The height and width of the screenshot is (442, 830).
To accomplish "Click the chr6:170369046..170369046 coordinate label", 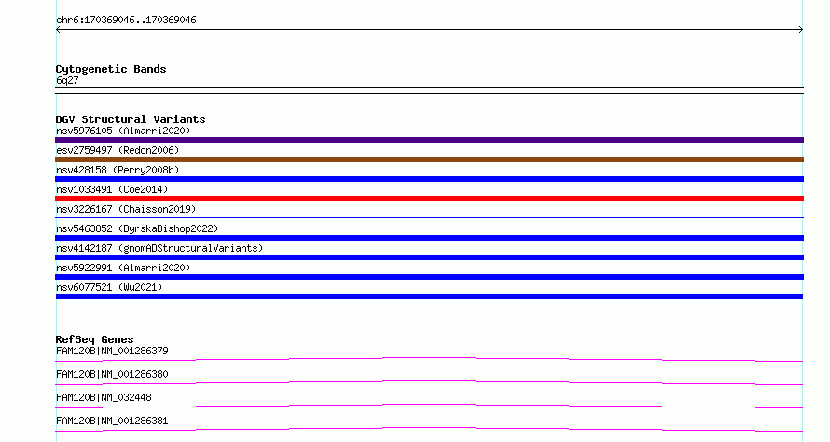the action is coord(126,20).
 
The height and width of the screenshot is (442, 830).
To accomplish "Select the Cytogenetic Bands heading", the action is coord(111,69).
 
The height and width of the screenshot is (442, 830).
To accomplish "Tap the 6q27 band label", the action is coord(67,80).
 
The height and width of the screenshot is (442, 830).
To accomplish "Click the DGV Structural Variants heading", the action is coord(131,119).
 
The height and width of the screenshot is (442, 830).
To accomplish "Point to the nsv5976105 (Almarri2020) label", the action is coord(123,131).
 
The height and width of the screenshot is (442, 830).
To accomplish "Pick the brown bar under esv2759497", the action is coord(429,159).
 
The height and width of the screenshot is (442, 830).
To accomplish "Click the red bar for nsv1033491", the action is coord(429,199).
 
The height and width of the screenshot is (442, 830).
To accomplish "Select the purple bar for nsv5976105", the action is coord(429,140).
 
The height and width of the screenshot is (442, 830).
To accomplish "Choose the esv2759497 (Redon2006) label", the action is coord(118,150).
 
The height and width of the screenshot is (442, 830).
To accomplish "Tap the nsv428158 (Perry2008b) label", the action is coord(118,170).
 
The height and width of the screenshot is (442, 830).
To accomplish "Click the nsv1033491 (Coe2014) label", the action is coord(112,189).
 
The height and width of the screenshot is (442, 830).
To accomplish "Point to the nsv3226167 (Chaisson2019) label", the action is coord(126,209).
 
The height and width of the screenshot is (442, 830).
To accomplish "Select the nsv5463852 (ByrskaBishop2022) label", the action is coord(137,228).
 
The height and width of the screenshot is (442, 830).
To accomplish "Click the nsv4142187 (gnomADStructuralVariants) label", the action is coord(159,248).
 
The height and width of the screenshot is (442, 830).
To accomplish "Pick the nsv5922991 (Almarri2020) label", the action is coord(123,268).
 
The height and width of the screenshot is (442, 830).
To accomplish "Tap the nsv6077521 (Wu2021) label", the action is coord(109,287).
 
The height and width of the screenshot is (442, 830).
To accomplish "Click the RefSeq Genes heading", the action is coord(95,339).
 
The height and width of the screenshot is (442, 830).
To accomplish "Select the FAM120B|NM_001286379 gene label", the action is coord(112,351).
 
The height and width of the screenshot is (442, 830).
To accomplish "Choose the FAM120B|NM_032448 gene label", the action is coord(104,397).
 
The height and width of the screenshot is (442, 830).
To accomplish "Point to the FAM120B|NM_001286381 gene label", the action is coord(112,421).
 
